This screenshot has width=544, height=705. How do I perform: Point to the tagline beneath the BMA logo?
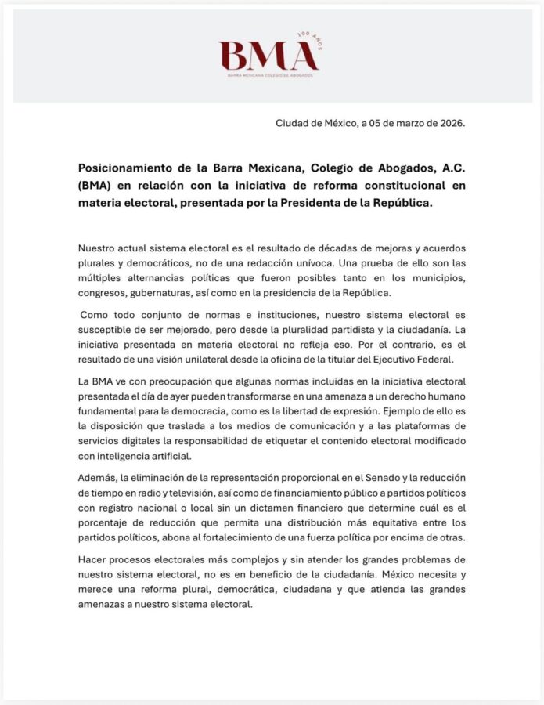click(x=270, y=75)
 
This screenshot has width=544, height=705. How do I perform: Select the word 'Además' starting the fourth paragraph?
click(x=97, y=478)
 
